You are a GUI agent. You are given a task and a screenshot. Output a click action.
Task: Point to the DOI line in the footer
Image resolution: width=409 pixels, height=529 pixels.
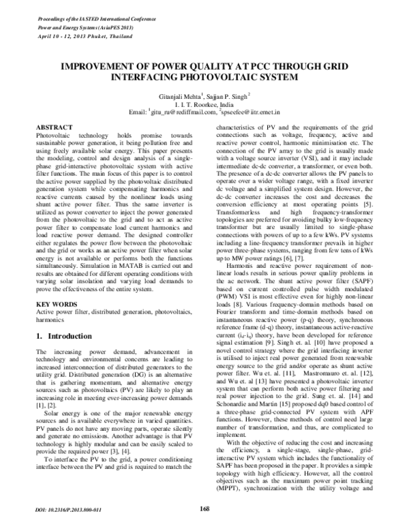point(63,509)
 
